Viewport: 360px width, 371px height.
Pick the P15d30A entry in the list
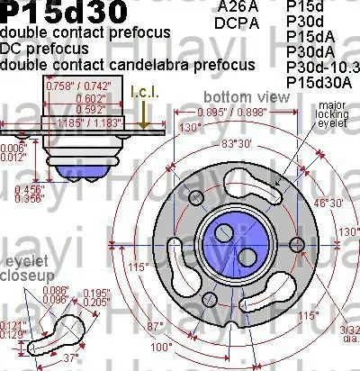tap(319, 82)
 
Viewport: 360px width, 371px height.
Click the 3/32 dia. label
tap(347, 334)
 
